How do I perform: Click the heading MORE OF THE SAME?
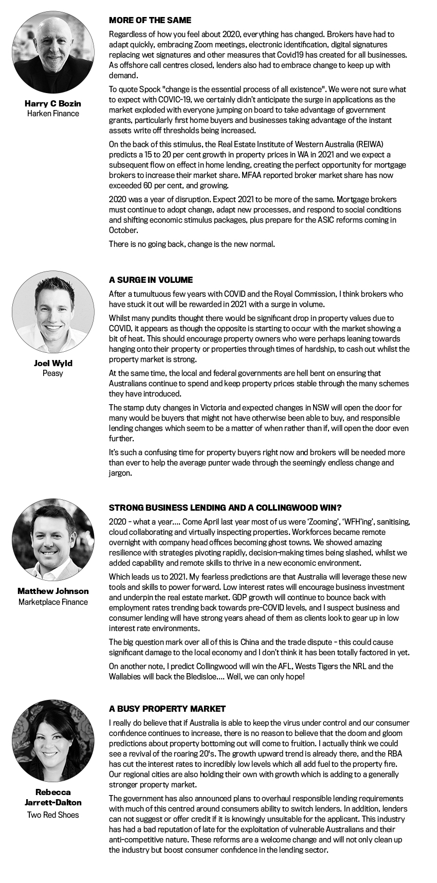tap(150, 21)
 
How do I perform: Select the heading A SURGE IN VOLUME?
tap(151, 280)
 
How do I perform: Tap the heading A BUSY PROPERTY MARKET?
tap(167, 709)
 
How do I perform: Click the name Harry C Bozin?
tap(53, 103)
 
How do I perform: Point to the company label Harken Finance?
tap(53, 114)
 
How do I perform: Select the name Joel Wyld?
tap(53, 363)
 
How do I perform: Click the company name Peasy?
tap(53, 373)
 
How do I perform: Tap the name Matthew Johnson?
tap(53, 591)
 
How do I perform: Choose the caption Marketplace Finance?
tap(53, 602)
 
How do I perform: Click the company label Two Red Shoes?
tap(53, 815)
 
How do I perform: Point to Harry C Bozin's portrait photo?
tap(53, 52)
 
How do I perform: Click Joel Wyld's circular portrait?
tap(53, 312)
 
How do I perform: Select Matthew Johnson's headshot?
tap(53, 539)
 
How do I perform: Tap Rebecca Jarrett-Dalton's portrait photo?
tap(53, 741)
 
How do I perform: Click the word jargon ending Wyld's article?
tap(120, 473)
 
